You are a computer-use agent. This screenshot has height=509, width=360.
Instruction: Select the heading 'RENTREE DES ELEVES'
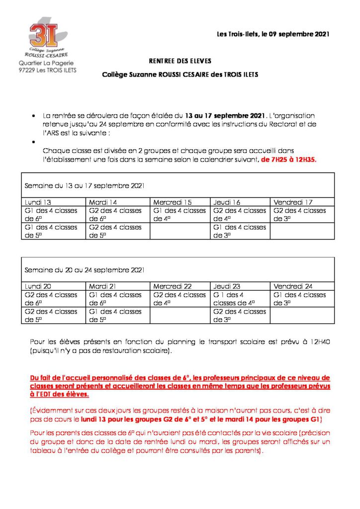180,61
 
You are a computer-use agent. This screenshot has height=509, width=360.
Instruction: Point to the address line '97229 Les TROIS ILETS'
43,71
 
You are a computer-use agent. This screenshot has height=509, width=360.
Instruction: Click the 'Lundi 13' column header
38,202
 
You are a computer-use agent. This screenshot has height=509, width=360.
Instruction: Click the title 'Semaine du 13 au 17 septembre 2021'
85,185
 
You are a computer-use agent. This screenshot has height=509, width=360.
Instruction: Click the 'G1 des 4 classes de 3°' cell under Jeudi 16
239,231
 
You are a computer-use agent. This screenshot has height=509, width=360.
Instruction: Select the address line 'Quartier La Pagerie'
43,64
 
